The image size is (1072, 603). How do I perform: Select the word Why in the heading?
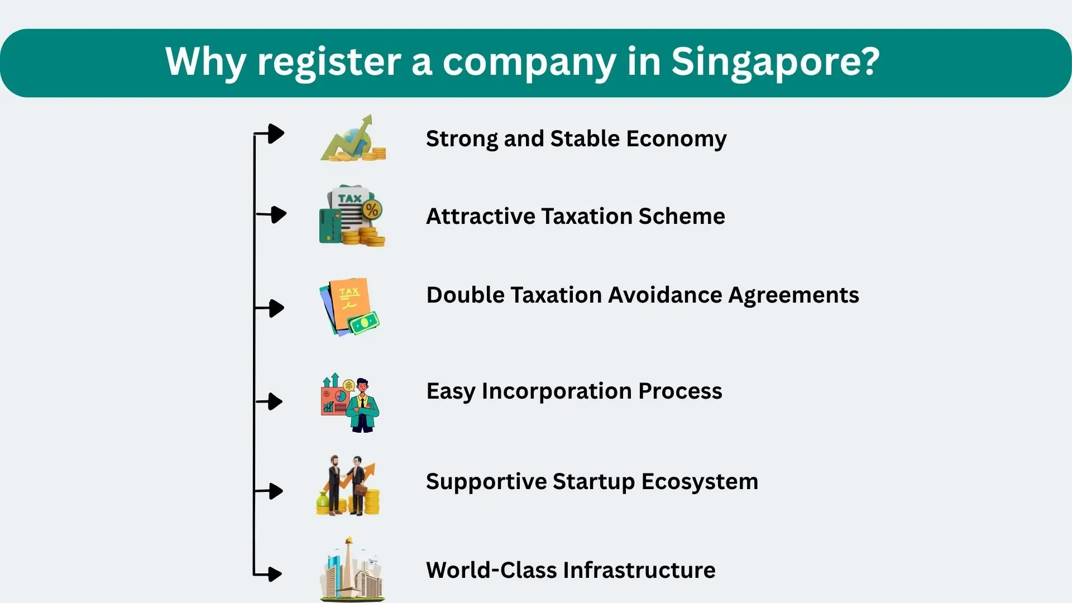pyautogui.click(x=205, y=61)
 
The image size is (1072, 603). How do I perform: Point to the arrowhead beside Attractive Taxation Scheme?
pyautogui.click(x=277, y=214)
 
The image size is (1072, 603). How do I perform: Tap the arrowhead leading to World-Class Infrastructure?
pyautogui.click(x=274, y=573)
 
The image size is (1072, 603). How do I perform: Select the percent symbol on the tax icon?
pyautogui.click(x=372, y=210)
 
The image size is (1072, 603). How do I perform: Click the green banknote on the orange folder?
pyautogui.click(x=364, y=322)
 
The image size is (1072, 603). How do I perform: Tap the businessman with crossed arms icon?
pyautogui.click(x=362, y=405)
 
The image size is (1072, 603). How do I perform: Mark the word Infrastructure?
pyautogui.click(x=639, y=570)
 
